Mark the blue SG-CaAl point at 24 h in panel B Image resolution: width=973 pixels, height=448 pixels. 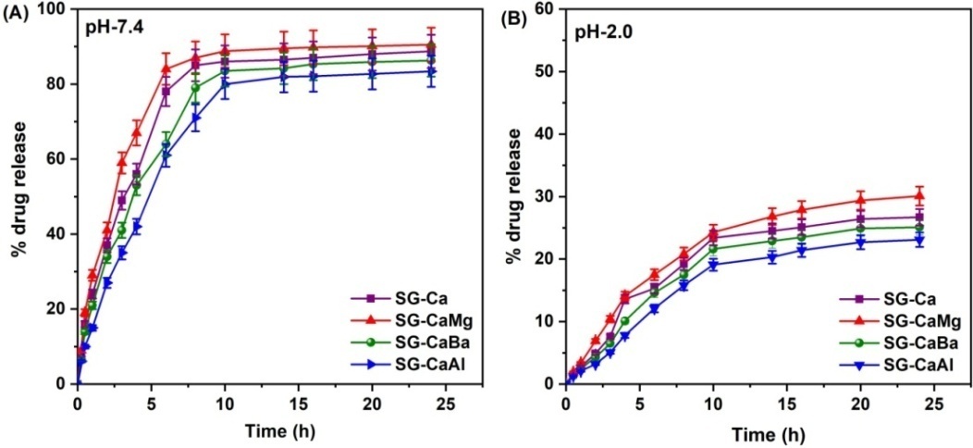(919, 240)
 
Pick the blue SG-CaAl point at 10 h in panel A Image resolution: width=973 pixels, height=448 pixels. (224, 83)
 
